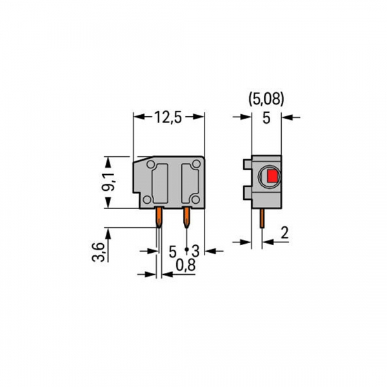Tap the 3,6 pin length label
click(x=97, y=249)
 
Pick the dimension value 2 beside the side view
click(x=284, y=233)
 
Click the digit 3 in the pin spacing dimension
click(x=195, y=250)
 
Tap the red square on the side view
click(x=271, y=175)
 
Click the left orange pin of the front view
click(x=158, y=218)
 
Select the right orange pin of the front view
click(x=186, y=218)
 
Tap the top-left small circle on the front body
click(x=150, y=165)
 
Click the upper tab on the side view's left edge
click(x=248, y=166)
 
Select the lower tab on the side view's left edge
click(x=248, y=192)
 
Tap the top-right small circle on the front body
click(x=198, y=165)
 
